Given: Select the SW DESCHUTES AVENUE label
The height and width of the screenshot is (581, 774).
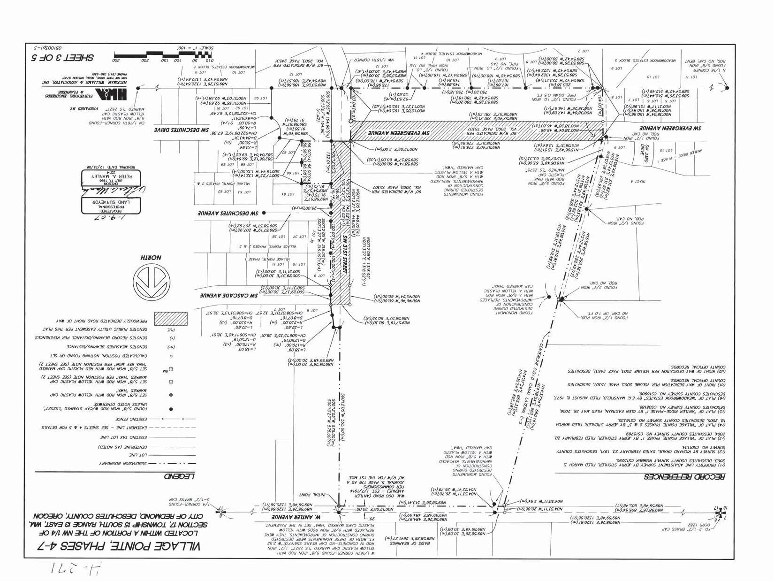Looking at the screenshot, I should tap(228, 213).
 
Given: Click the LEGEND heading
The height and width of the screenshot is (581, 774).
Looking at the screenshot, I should tap(179, 477).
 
